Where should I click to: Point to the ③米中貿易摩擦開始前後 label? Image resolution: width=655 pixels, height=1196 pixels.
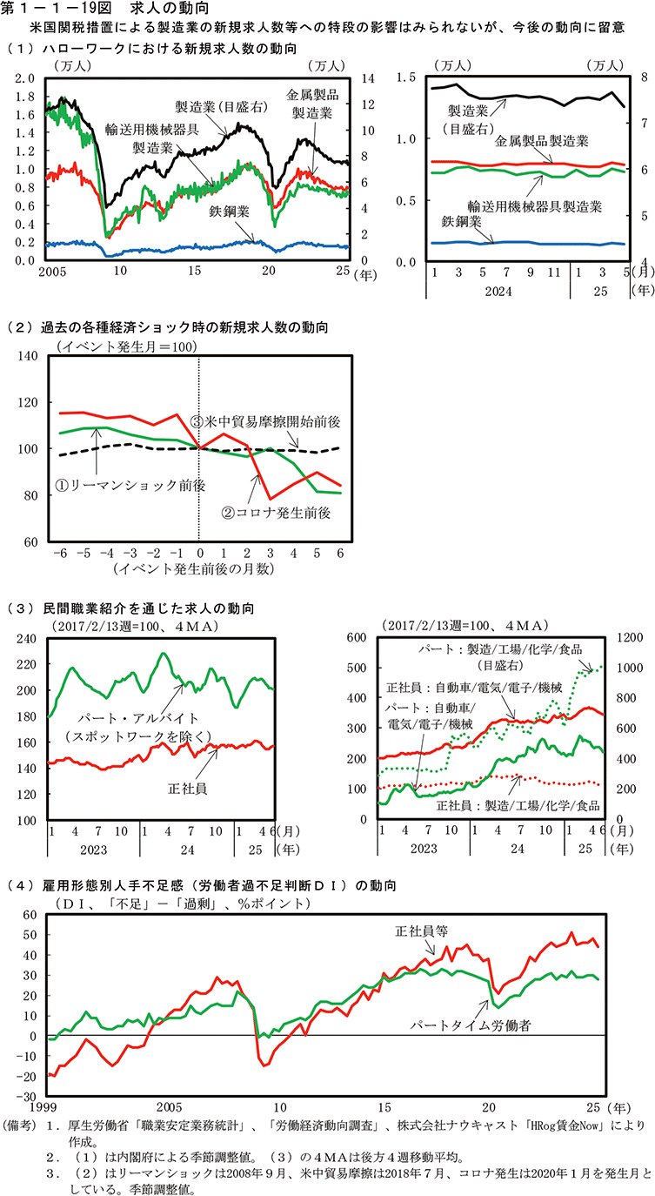point(264,420)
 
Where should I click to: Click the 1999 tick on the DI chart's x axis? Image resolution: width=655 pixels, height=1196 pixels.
point(50,1110)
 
